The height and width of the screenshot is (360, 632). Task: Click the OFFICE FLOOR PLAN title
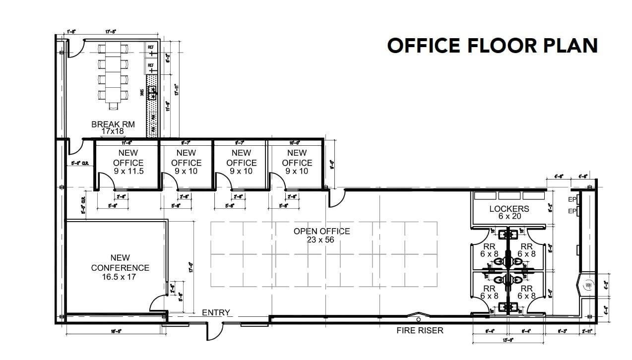pos(492,46)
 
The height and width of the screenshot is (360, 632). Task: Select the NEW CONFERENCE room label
pos(120,267)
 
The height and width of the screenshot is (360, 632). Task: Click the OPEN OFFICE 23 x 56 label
pos(321,235)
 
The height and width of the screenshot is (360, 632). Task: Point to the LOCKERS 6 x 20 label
pos(509,213)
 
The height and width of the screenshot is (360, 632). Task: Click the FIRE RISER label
pos(420,330)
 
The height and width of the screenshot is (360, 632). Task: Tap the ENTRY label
pos(216,312)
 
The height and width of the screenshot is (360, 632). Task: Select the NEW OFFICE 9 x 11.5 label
pos(128,162)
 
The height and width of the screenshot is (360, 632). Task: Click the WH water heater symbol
pos(588,286)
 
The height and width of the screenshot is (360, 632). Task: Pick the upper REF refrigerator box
pos(151,50)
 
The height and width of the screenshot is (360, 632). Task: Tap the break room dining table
pos(115,74)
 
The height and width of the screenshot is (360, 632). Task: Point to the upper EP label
pos(571,200)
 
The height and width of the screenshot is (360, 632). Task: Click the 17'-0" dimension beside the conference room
pos(191,268)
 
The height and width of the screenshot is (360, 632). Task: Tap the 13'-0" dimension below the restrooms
pos(508,340)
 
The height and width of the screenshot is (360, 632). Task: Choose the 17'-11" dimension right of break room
pos(176,90)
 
